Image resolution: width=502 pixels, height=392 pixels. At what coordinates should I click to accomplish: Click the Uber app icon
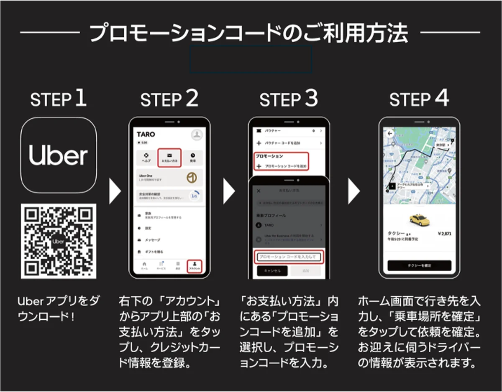click(x=59, y=155)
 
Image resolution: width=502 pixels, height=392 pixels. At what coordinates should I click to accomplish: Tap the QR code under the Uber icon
click(x=59, y=241)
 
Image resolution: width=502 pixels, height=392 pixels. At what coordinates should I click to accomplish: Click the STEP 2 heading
click(x=169, y=99)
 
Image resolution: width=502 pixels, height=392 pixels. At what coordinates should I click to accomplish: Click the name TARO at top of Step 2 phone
click(x=146, y=134)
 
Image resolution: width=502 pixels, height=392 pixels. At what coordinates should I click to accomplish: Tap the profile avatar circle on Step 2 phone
click(x=197, y=135)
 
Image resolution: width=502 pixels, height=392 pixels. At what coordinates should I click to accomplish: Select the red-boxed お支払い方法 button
click(x=169, y=158)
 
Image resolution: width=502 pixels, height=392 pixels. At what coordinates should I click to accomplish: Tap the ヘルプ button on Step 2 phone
click(x=146, y=158)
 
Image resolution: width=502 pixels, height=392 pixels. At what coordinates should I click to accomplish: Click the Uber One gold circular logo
click(x=192, y=178)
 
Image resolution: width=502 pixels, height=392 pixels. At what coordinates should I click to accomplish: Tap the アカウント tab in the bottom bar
click(x=195, y=266)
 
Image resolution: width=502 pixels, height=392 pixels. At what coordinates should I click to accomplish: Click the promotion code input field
click(x=289, y=257)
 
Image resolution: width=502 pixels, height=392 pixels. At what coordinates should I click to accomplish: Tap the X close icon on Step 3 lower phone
click(x=259, y=191)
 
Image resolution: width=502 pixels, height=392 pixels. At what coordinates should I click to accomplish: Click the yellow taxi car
click(x=419, y=218)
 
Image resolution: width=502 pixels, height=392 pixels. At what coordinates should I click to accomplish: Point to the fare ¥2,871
click(x=444, y=234)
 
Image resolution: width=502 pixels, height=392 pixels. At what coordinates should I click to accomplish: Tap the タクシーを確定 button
click(x=419, y=265)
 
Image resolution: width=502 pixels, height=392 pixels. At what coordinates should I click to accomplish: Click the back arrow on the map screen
click(x=390, y=134)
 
